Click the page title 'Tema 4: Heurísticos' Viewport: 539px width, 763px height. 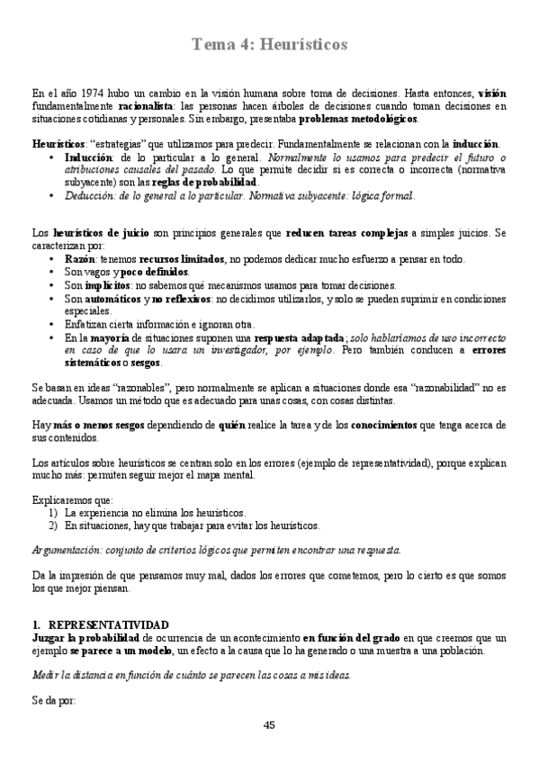pos(269,44)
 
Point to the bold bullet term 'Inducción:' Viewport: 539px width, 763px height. pos(90,157)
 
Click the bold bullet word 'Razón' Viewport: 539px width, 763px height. pos(79,258)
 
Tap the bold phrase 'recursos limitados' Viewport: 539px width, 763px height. pos(184,258)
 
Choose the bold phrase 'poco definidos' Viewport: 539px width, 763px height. pos(155,272)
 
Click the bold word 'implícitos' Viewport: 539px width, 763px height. pos(108,284)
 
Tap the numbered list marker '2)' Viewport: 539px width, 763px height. pos(53,525)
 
